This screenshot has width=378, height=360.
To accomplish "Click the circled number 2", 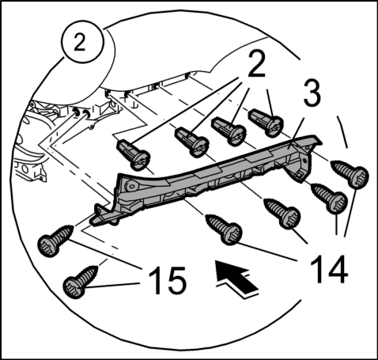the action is pos(81,42).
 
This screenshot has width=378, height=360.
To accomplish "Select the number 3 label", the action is pos(312,93).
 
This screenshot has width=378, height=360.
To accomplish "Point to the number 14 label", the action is pos(330,269).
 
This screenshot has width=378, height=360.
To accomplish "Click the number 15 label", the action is pos(168,280).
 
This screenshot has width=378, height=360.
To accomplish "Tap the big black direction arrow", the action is pos(236,278).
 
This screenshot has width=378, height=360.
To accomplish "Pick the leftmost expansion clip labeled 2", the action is pos(133,154).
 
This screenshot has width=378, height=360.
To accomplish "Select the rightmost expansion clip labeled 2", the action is pos(266,123).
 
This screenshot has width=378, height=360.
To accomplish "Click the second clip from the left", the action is pos(192,142).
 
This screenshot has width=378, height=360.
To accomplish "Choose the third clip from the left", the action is pos(229,131).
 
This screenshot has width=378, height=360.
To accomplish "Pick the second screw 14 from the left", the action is pos(283,213).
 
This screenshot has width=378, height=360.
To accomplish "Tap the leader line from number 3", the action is pos(296,131).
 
